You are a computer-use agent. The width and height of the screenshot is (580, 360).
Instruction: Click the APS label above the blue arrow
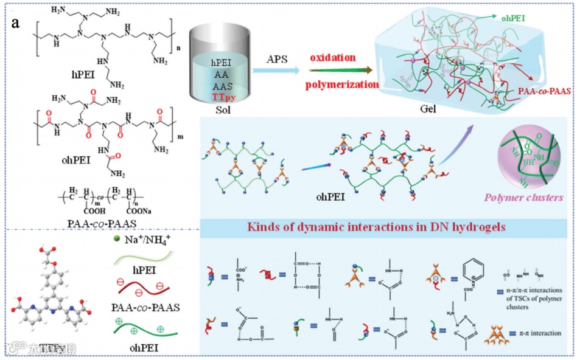[278, 59]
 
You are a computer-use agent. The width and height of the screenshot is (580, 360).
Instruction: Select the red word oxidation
[332, 58]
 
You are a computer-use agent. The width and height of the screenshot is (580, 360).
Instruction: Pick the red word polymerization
[343, 84]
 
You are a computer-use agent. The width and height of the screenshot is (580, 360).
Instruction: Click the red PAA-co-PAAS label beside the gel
[542, 90]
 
